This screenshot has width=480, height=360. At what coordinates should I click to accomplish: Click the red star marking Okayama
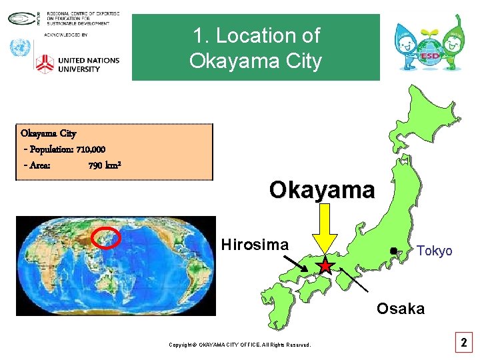pos(325,267)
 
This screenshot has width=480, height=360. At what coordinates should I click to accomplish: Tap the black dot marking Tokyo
pos(394,251)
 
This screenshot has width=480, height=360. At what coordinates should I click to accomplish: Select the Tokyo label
pos(434,251)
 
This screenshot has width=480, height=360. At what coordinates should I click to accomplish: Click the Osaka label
pos(400,309)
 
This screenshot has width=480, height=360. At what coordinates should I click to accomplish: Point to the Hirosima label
pos(255,245)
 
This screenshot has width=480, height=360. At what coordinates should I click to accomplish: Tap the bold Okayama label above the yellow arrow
pos(322,190)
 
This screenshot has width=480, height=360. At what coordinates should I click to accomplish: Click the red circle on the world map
pos(106,237)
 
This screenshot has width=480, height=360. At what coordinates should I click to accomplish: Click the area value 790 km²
pos(104,165)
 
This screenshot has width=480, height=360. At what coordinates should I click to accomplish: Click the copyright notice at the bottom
pos(239,345)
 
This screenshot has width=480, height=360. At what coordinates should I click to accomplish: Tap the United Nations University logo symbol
pos(44,64)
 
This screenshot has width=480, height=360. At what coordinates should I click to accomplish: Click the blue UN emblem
pos(20,48)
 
